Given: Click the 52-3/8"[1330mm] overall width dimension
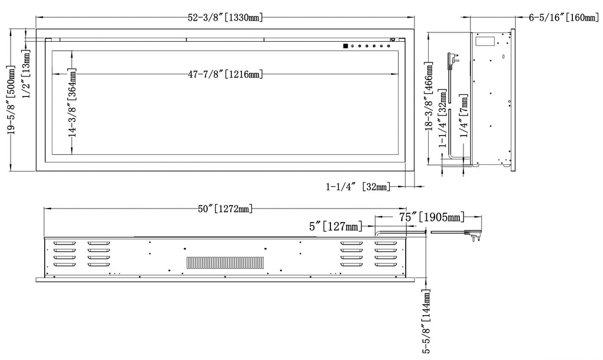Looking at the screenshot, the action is pyautogui.click(x=226, y=17).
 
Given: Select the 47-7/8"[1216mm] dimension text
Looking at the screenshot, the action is pyautogui.click(x=226, y=74).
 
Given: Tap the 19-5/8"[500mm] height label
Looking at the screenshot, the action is pyautogui.click(x=11, y=100).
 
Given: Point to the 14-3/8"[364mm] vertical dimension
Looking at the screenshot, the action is pyautogui.click(x=72, y=103).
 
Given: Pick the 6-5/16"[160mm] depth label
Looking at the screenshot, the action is pyautogui.click(x=564, y=17).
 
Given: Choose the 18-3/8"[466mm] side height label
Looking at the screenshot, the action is pyautogui.click(x=429, y=97).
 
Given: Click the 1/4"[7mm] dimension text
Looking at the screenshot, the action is pyautogui.click(x=464, y=115).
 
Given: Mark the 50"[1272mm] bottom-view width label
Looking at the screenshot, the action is pyautogui.click(x=226, y=209).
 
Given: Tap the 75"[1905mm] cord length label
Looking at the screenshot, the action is pyautogui.click(x=432, y=217).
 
